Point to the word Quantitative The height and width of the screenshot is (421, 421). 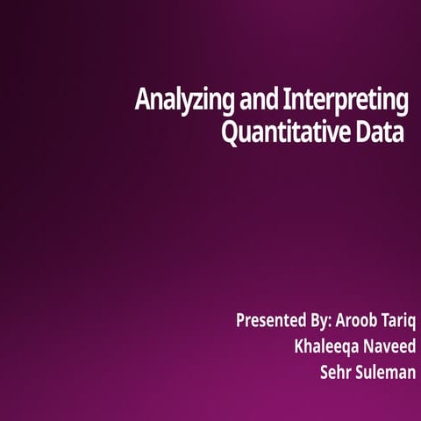(x=286, y=135)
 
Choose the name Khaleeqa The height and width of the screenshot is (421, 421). (x=329, y=346)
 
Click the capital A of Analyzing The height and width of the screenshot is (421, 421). (x=142, y=101)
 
